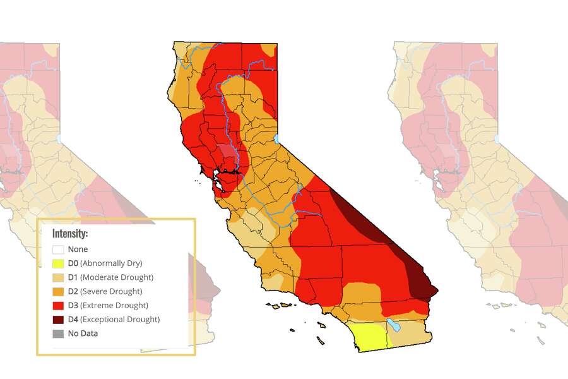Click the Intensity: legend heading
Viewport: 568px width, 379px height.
click(x=70, y=233)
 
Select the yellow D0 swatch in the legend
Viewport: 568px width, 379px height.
click(x=58, y=263)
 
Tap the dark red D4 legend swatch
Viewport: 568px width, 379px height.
click(x=58, y=319)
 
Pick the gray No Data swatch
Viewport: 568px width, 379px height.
click(x=58, y=333)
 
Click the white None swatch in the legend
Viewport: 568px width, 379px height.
click(x=58, y=250)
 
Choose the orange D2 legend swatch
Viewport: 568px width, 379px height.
click(x=58, y=291)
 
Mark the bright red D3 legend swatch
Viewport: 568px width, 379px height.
click(x=58, y=305)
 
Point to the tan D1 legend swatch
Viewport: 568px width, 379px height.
click(x=58, y=277)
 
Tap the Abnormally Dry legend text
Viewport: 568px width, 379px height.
click(x=111, y=263)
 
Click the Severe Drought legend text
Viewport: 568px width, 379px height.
click(x=114, y=291)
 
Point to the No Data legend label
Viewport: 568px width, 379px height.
click(x=83, y=333)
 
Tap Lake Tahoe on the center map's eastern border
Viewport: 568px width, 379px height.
click(x=276, y=138)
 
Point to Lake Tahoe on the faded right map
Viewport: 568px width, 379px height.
click(x=497, y=138)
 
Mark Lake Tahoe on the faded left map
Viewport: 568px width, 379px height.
click(x=59, y=138)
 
